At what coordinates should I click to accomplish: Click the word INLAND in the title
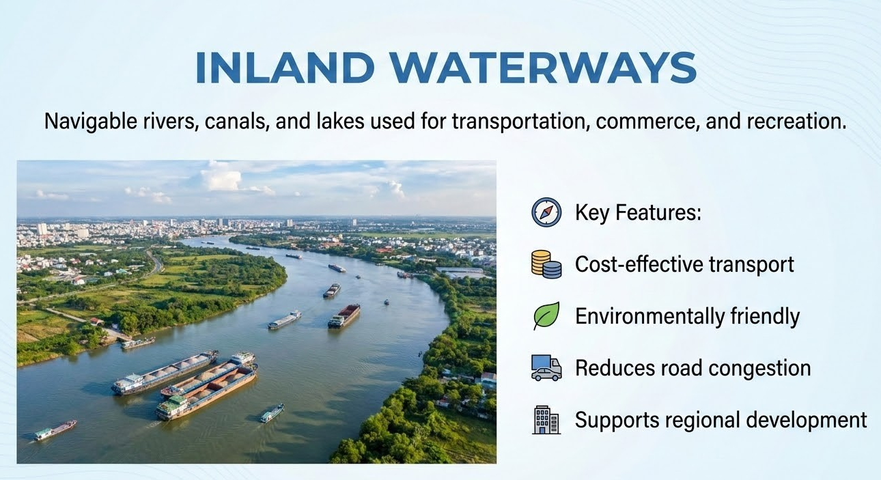point(285,67)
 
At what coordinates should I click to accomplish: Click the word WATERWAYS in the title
point(543,67)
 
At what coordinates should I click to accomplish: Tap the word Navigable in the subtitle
point(90,122)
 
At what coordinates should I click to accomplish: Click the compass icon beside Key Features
point(546,212)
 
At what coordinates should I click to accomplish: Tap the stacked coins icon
point(546,264)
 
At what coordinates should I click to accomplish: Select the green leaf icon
point(546,315)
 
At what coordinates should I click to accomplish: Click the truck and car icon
point(546,368)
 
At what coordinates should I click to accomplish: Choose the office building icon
point(546,420)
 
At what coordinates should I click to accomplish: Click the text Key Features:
point(638,212)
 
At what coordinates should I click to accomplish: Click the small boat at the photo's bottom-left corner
point(55,430)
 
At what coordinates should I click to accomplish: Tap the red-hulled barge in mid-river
point(344,315)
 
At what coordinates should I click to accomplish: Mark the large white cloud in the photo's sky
point(221,180)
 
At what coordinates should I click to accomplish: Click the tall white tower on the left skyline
point(42,229)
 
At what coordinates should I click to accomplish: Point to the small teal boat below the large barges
point(272,413)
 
